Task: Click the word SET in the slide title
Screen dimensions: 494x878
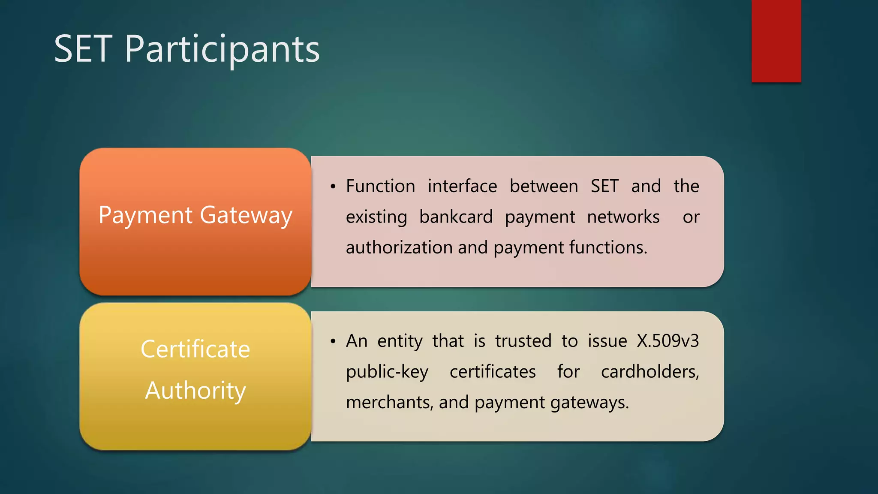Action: (84, 49)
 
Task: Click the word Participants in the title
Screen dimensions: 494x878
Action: (222, 50)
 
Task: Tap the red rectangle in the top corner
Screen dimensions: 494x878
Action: (776, 41)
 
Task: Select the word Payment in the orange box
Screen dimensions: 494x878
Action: (146, 215)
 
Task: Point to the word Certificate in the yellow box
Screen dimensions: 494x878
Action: (195, 349)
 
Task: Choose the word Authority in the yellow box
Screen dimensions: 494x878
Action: (195, 391)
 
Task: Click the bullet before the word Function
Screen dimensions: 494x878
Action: (333, 187)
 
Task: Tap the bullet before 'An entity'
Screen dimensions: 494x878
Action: (333, 341)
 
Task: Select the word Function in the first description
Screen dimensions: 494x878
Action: (380, 186)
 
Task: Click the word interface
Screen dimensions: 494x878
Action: (462, 186)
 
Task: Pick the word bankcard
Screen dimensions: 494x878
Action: (456, 217)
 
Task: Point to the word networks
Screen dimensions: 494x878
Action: (623, 217)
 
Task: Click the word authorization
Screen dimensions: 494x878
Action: (398, 247)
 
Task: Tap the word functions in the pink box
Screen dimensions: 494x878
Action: (608, 247)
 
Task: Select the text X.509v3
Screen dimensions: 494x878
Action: (668, 341)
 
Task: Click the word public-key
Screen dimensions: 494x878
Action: (387, 372)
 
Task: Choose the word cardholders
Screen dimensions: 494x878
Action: (649, 372)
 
